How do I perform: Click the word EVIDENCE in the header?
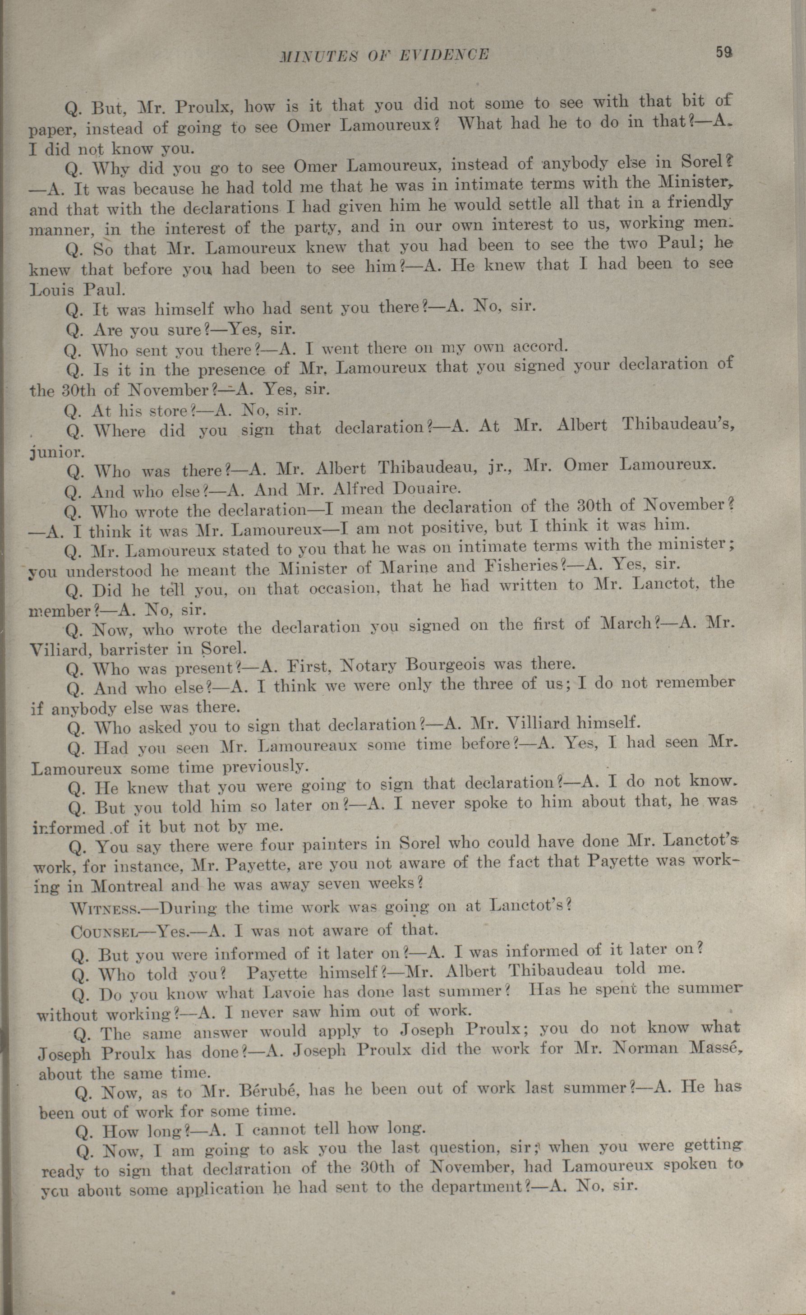pos(444,55)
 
